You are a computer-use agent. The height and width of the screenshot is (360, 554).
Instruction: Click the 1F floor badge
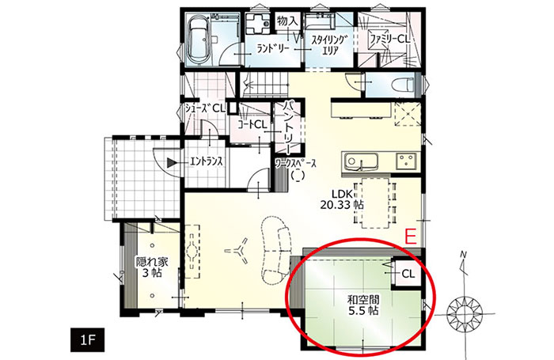(87, 340)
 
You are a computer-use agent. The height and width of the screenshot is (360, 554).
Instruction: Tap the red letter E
(411, 237)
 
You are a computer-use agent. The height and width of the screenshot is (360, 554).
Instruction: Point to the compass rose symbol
(464, 313)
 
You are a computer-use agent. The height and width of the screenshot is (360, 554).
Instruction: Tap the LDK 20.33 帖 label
(343, 199)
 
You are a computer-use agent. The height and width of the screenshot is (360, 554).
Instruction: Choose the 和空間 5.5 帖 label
(362, 305)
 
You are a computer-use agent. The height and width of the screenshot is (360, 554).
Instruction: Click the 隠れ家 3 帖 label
(152, 267)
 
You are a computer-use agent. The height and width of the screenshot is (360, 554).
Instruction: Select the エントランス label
(207, 162)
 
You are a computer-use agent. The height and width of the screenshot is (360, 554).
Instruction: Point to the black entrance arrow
(172, 162)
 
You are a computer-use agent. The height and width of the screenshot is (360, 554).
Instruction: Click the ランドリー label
(274, 49)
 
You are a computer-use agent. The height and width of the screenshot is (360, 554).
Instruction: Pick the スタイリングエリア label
(328, 45)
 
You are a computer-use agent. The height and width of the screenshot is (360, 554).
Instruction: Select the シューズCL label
(205, 108)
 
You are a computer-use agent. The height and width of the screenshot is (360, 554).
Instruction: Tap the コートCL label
(252, 124)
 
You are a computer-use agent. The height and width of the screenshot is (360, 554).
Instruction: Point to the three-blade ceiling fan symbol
(237, 251)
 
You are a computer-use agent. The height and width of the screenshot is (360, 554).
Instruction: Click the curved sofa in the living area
(277, 250)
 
